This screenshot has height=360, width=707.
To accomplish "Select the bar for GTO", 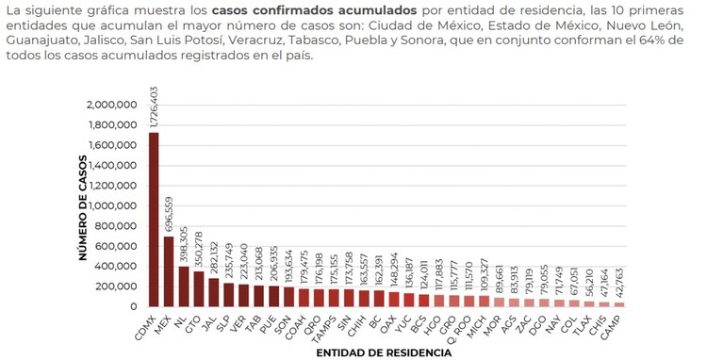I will (198, 289).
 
